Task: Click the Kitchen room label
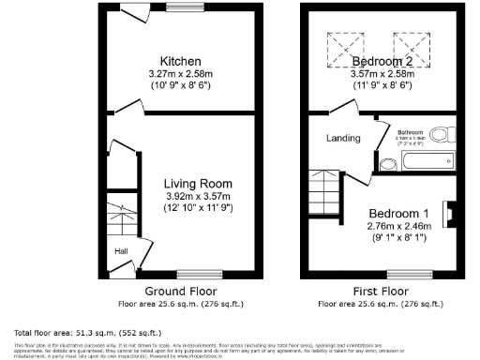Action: click(x=176, y=62)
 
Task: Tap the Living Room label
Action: click(x=197, y=183)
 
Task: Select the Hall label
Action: click(x=121, y=251)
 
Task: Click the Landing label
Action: click(x=343, y=139)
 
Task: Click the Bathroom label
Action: click(x=412, y=133)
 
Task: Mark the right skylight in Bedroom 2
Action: click(x=412, y=50)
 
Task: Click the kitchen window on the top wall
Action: click(x=179, y=8)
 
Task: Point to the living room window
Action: click(x=192, y=274)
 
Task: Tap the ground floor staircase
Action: click(x=119, y=221)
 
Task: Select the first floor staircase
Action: click(x=324, y=189)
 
